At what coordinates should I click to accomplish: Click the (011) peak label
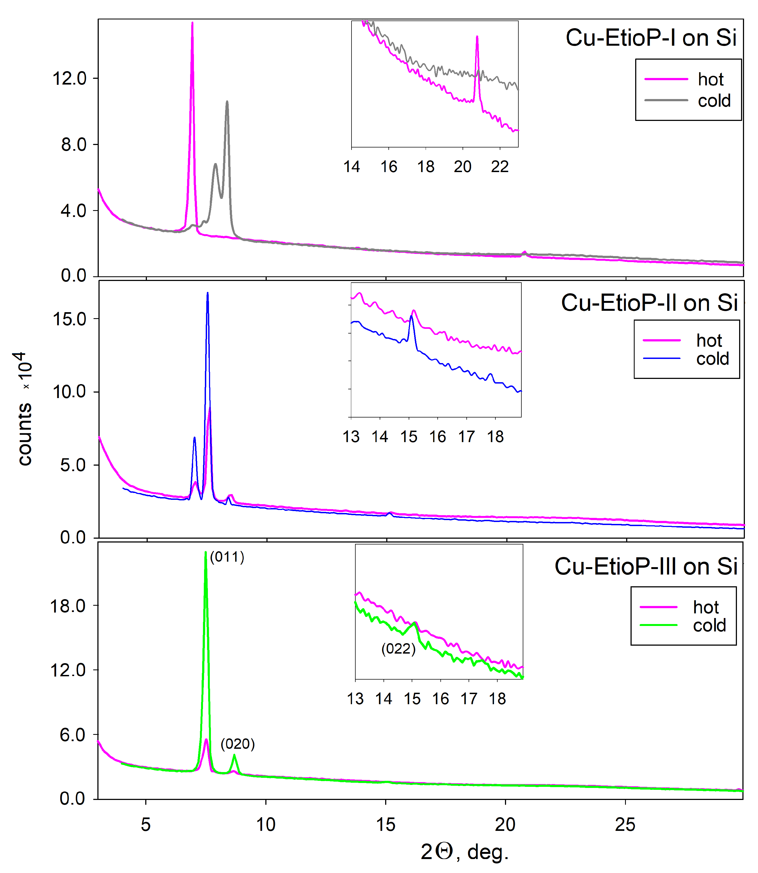(x=227, y=557)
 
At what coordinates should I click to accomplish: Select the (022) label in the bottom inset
(x=399, y=649)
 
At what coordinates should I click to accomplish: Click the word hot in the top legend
(x=711, y=80)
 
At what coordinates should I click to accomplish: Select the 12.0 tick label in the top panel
(x=69, y=79)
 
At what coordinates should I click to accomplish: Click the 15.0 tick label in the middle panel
(x=69, y=319)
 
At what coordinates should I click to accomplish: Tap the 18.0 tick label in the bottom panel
(x=68, y=606)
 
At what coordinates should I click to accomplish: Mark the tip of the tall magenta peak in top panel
(x=193, y=23)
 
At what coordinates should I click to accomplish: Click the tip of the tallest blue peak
(x=207, y=293)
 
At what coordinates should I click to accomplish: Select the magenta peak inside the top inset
(x=477, y=37)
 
